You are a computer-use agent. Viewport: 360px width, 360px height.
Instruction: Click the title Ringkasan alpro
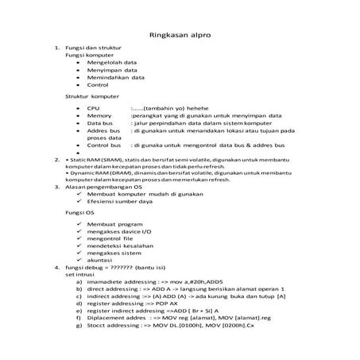180,35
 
